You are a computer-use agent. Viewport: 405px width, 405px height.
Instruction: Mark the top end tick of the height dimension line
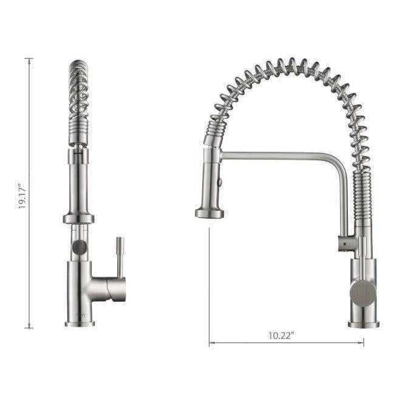(29, 58)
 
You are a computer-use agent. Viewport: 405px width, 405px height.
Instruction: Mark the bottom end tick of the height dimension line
(29, 328)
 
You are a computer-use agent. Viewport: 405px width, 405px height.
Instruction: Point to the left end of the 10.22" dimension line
(209, 344)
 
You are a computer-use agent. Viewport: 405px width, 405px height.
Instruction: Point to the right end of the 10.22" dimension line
(364, 344)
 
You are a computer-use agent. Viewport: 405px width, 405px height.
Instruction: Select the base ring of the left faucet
(80, 324)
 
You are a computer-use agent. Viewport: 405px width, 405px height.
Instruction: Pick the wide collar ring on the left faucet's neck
(78, 219)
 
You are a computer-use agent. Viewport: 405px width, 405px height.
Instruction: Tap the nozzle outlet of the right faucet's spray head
(209, 213)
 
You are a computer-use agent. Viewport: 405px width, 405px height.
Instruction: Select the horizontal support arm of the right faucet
(279, 156)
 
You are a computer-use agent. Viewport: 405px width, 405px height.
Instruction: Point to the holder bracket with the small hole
(345, 243)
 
